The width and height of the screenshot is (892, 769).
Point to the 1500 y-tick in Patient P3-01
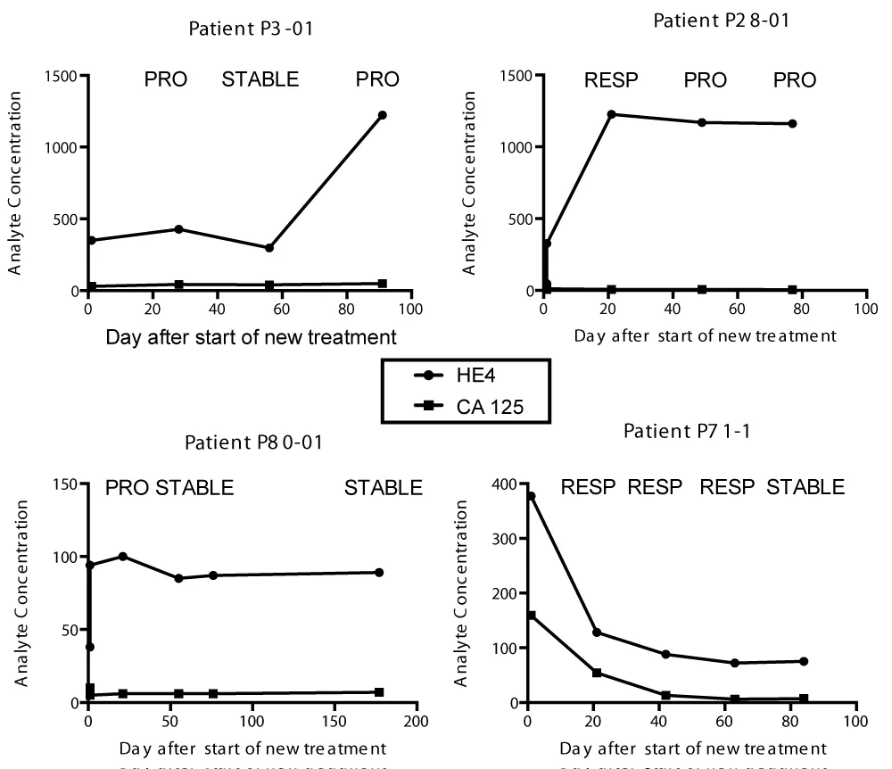click(62, 75)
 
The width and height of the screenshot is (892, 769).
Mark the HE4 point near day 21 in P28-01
click(611, 114)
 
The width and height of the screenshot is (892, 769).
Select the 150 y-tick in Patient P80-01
click(65, 484)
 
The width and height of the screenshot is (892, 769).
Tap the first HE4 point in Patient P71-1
click(531, 496)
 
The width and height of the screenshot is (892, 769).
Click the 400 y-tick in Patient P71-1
click(508, 484)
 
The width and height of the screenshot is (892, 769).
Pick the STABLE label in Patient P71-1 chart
click(806, 488)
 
